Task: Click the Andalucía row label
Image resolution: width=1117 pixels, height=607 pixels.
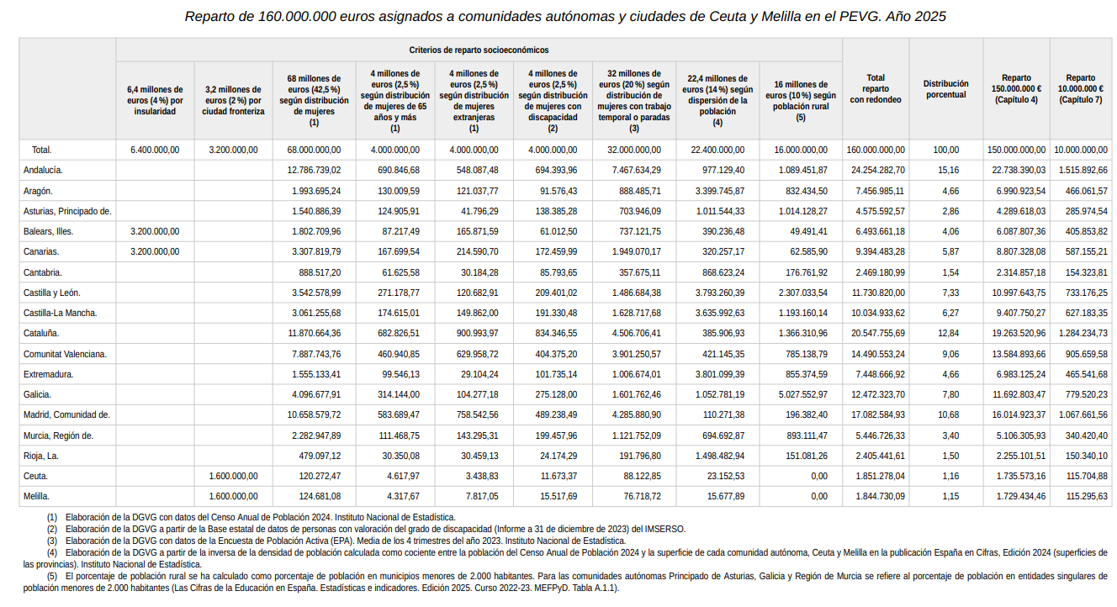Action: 43,171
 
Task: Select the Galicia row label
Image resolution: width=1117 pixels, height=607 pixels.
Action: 37,394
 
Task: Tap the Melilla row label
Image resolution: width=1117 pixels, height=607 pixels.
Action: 36,496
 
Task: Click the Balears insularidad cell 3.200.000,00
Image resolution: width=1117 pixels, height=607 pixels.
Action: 155,232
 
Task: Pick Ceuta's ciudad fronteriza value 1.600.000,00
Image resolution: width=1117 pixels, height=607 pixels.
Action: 233,477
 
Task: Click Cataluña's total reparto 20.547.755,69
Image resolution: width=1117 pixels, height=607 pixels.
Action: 877,334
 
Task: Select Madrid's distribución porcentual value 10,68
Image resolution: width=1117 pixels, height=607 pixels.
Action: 948,414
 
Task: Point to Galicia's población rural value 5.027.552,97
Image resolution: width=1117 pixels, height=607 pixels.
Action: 802,394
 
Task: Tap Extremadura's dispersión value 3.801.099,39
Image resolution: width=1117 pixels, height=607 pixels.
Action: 719,374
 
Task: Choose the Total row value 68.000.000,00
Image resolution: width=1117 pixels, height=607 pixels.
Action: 314,150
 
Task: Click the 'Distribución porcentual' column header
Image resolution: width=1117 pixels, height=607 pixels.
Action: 946,89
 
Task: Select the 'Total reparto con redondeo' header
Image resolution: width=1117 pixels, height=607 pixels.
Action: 876,89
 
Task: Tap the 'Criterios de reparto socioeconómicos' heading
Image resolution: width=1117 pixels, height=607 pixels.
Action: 479,50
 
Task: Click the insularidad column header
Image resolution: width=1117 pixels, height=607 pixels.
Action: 155,101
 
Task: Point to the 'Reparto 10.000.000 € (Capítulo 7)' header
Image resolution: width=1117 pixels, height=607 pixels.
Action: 1081,89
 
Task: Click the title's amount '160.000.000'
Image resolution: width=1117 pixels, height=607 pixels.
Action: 297,17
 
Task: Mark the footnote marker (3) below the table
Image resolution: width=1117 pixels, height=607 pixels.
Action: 52,541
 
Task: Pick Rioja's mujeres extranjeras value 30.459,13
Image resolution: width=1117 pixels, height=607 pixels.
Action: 477,456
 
